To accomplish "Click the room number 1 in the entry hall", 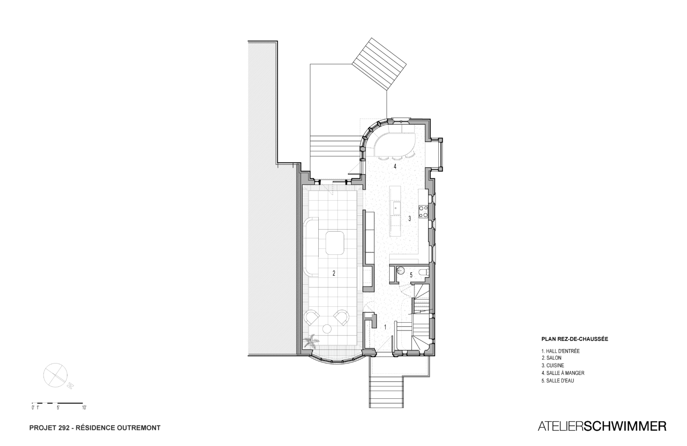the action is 385,327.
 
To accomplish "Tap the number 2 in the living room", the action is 334,273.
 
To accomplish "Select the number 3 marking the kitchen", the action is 409,219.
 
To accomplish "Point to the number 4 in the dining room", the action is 395,167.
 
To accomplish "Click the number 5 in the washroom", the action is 411,275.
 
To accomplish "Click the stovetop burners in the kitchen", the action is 424,212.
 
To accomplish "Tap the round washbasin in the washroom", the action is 401,270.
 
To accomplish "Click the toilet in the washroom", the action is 424,272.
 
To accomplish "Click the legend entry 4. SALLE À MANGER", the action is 563,373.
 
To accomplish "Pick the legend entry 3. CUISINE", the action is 553,365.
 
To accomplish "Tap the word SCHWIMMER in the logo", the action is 623,426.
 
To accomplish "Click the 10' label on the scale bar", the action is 84,407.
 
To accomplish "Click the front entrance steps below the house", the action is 386,392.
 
